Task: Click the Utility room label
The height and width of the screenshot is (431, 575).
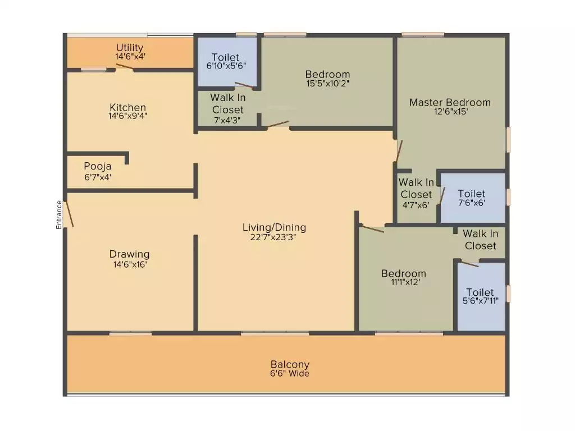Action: (x=130, y=48)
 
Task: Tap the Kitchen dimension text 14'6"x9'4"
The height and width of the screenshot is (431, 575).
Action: (x=127, y=116)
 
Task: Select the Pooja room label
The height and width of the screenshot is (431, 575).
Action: (x=98, y=166)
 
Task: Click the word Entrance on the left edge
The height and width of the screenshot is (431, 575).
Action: (x=59, y=215)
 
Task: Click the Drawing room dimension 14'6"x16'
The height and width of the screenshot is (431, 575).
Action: (x=130, y=264)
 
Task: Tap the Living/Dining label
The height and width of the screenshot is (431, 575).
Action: (x=274, y=227)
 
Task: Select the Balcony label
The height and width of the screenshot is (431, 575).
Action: (x=290, y=364)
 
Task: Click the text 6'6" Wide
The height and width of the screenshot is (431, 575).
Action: (x=290, y=373)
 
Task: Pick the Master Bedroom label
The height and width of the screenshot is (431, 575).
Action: (x=450, y=103)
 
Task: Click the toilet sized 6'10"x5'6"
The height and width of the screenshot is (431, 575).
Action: (x=227, y=62)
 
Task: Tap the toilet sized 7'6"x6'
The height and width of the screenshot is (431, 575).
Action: (x=473, y=198)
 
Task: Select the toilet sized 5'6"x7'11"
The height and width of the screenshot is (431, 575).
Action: (x=481, y=296)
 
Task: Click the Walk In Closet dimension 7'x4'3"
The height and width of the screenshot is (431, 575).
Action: (x=227, y=120)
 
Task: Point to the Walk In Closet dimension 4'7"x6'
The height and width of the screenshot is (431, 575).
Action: (x=416, y=205)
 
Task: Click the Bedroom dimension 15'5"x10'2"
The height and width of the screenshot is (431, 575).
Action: (x=328, y=83)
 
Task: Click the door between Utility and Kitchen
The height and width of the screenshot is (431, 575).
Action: (x=125, y=66)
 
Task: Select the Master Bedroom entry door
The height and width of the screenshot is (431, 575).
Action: (x=399, y=151)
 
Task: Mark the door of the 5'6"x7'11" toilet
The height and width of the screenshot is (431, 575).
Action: (x=470, y=264)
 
